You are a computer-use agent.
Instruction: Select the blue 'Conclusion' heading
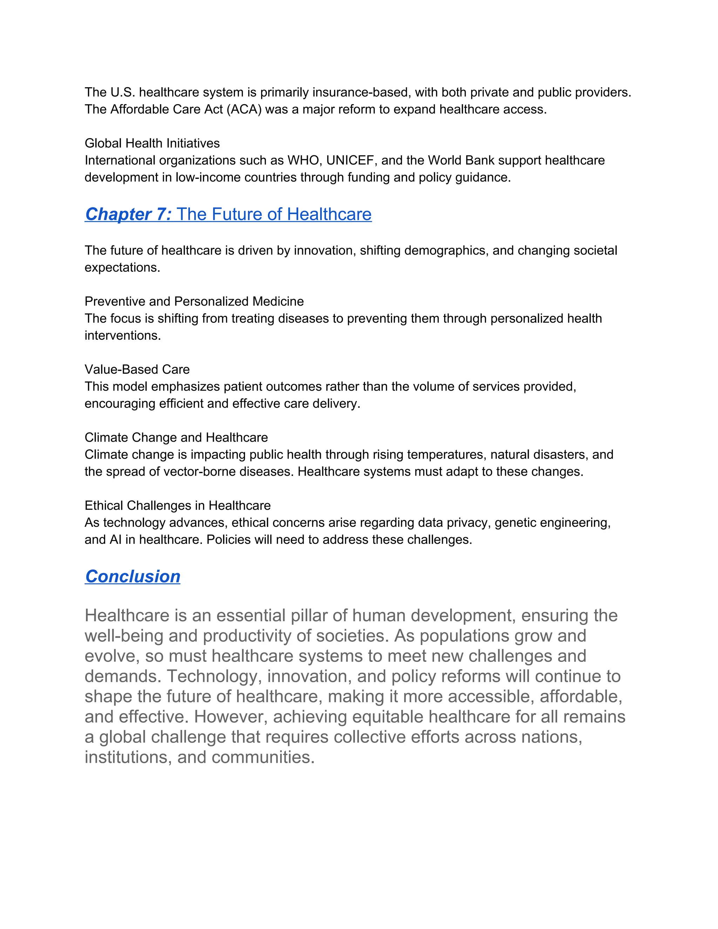pyautogui.click(x=133, y=577)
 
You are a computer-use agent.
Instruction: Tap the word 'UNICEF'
pyautogui.click(x=351, y=160)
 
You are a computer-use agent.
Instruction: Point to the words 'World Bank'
pyautogui.click(x=461, y=160)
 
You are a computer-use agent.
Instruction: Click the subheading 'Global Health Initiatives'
pyautogui.click(x=152, y=143)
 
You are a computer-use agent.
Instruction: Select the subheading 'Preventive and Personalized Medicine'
pyautogui.click(x=194, y=301)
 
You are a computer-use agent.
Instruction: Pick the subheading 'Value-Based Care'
pyautogui.click(x=137, y=369)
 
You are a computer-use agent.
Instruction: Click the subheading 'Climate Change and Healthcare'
pyautogui.click(x=176, y=438)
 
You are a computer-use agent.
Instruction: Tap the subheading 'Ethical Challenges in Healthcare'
pyautogui.click(x=177, y=506)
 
